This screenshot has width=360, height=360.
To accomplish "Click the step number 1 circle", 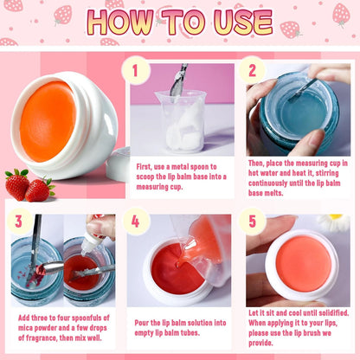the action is click(x=136, y=70).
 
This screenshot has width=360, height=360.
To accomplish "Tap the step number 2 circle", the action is click(x=253, y=70).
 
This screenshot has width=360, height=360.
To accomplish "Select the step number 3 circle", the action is click(x=19, y=222).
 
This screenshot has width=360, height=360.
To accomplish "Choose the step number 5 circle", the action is click(x=253, y=222).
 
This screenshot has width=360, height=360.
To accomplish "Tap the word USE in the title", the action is click(x=243, y=22).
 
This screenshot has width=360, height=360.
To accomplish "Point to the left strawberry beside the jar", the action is click(x=16, y=184).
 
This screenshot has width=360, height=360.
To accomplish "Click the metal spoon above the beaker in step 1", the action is click(x=178, y=80).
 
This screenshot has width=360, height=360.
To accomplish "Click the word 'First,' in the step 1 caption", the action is click(x=145, y=167).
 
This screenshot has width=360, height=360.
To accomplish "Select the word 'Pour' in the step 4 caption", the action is click(x=142, y=323).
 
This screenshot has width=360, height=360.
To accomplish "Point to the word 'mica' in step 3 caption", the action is click(x=25, y=328).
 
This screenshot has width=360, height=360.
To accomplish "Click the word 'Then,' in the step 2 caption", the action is click(x=256, y=164).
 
